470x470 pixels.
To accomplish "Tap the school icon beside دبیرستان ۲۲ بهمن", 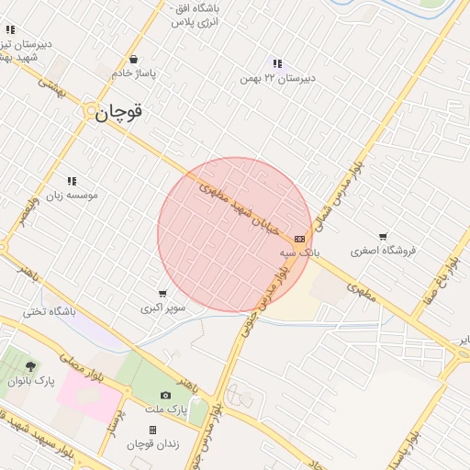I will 277,63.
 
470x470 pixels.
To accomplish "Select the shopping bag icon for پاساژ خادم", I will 135,59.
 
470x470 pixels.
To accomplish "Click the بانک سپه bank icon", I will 299,239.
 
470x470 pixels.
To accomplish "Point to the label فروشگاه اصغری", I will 384,250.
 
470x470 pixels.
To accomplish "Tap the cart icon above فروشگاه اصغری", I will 383,236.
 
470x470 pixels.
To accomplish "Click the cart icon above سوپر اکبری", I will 162,294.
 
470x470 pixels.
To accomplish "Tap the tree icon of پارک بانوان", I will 31,366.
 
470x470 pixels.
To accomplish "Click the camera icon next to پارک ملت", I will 165,395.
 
